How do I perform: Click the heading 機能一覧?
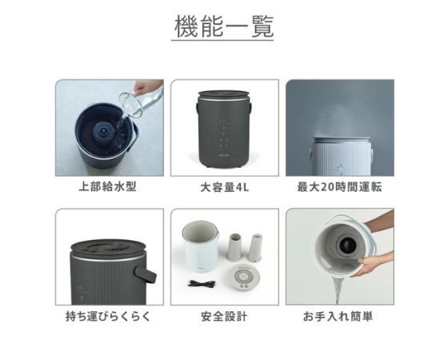point(224,26)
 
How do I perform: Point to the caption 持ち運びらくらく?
point(109,316)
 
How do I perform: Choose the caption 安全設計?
point(224,316)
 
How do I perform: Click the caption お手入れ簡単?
point(339,316)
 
